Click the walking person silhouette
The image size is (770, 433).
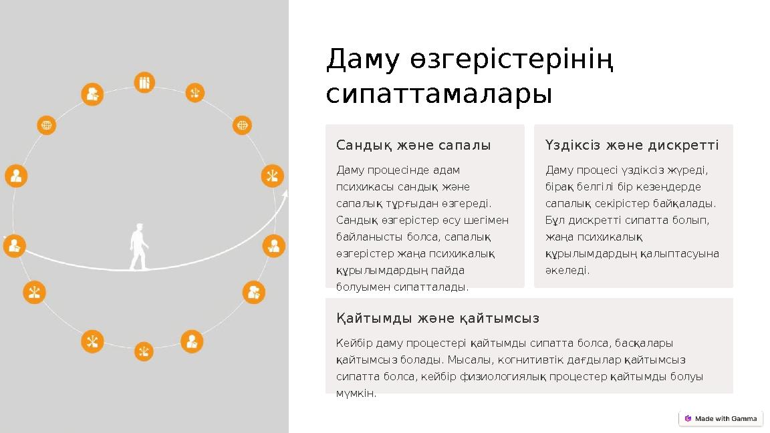click(x=138, y=247)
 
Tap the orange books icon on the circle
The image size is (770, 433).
click(x=144, y=83)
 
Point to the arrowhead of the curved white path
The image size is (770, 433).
click(x=285, y=194)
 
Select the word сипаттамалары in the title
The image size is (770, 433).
click(x=439, y=94)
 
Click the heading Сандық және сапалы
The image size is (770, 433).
click(x=413, y=145)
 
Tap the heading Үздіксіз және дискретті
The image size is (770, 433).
click(x=632, y=145)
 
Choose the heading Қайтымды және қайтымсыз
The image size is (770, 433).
click(x=438, y=318)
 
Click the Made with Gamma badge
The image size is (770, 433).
click(x=721, y=418)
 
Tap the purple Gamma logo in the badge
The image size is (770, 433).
click(x=688, y=418)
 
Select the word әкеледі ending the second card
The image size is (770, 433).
click(x=567, y=271)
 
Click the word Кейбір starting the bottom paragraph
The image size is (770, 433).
click(x=352, y=343)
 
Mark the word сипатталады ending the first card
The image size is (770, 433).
click(x=436, y=287)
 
